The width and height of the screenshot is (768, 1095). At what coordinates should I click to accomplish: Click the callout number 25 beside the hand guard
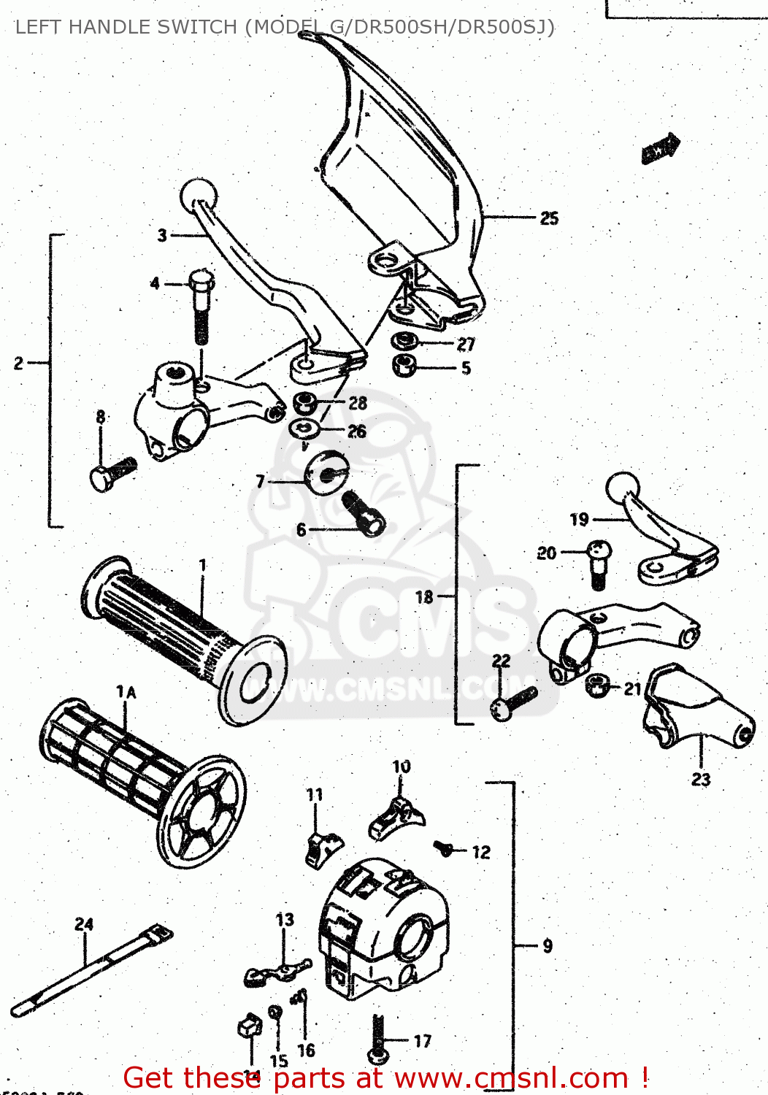(x=549, y=218)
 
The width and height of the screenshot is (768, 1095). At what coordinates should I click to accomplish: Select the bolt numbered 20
(x=597, y=561)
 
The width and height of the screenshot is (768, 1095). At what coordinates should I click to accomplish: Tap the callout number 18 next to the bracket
(x=424, y=597)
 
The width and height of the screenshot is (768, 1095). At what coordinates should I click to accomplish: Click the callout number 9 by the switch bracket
(x=548, y=946)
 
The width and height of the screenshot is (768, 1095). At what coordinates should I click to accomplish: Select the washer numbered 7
(x=325, y=473)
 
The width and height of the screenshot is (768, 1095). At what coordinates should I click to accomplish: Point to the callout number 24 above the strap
(x=84, y=924)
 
